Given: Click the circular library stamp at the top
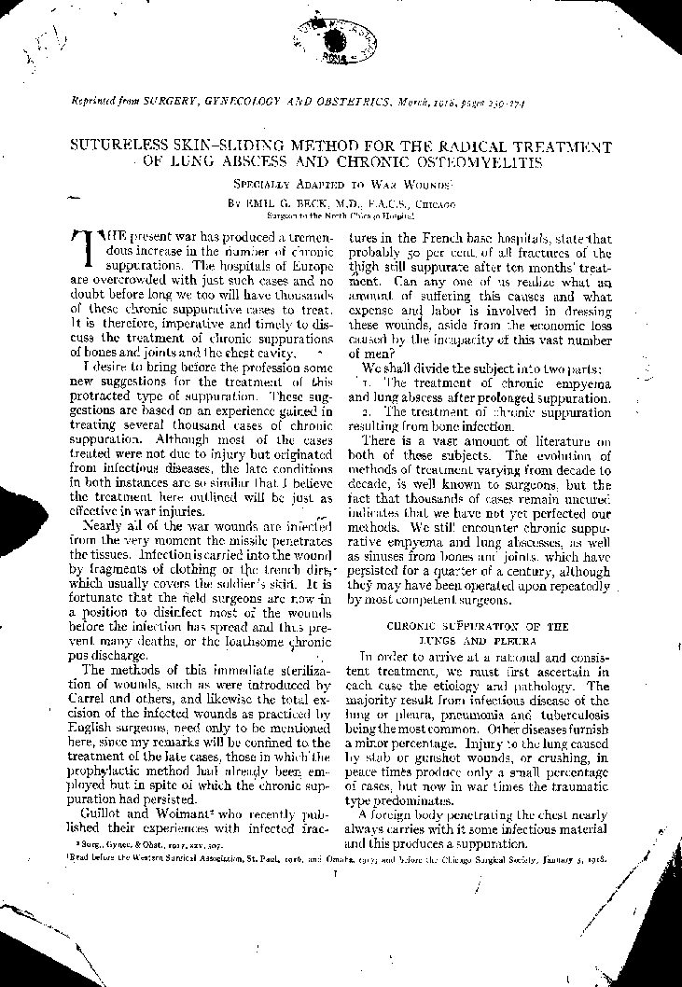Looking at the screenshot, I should pos(334,40).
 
